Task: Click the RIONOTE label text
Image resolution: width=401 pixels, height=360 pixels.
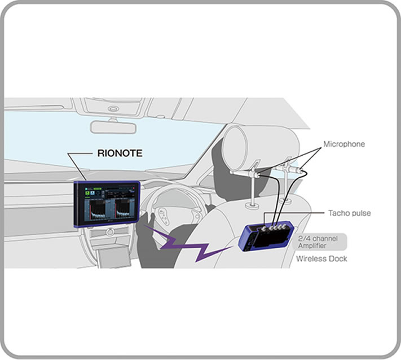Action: (x=120, y=153)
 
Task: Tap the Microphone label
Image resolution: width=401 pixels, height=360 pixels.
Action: (x=344, y=144)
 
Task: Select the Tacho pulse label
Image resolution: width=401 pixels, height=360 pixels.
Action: (x=349, y=213)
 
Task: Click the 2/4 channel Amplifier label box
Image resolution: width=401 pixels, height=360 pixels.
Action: (x=320, y=242)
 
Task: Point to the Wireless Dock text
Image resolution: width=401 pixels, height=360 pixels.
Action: (x=321, y=258)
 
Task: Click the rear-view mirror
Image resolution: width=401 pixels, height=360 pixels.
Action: (x=113, y=127)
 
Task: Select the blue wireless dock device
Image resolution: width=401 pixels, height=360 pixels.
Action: (x=266, y=236)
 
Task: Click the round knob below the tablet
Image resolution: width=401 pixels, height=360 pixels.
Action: (x=110, y=232)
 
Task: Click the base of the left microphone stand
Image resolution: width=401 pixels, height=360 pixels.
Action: (x=252, y=205)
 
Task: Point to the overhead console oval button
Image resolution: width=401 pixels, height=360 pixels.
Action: (x=113, y=109)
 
